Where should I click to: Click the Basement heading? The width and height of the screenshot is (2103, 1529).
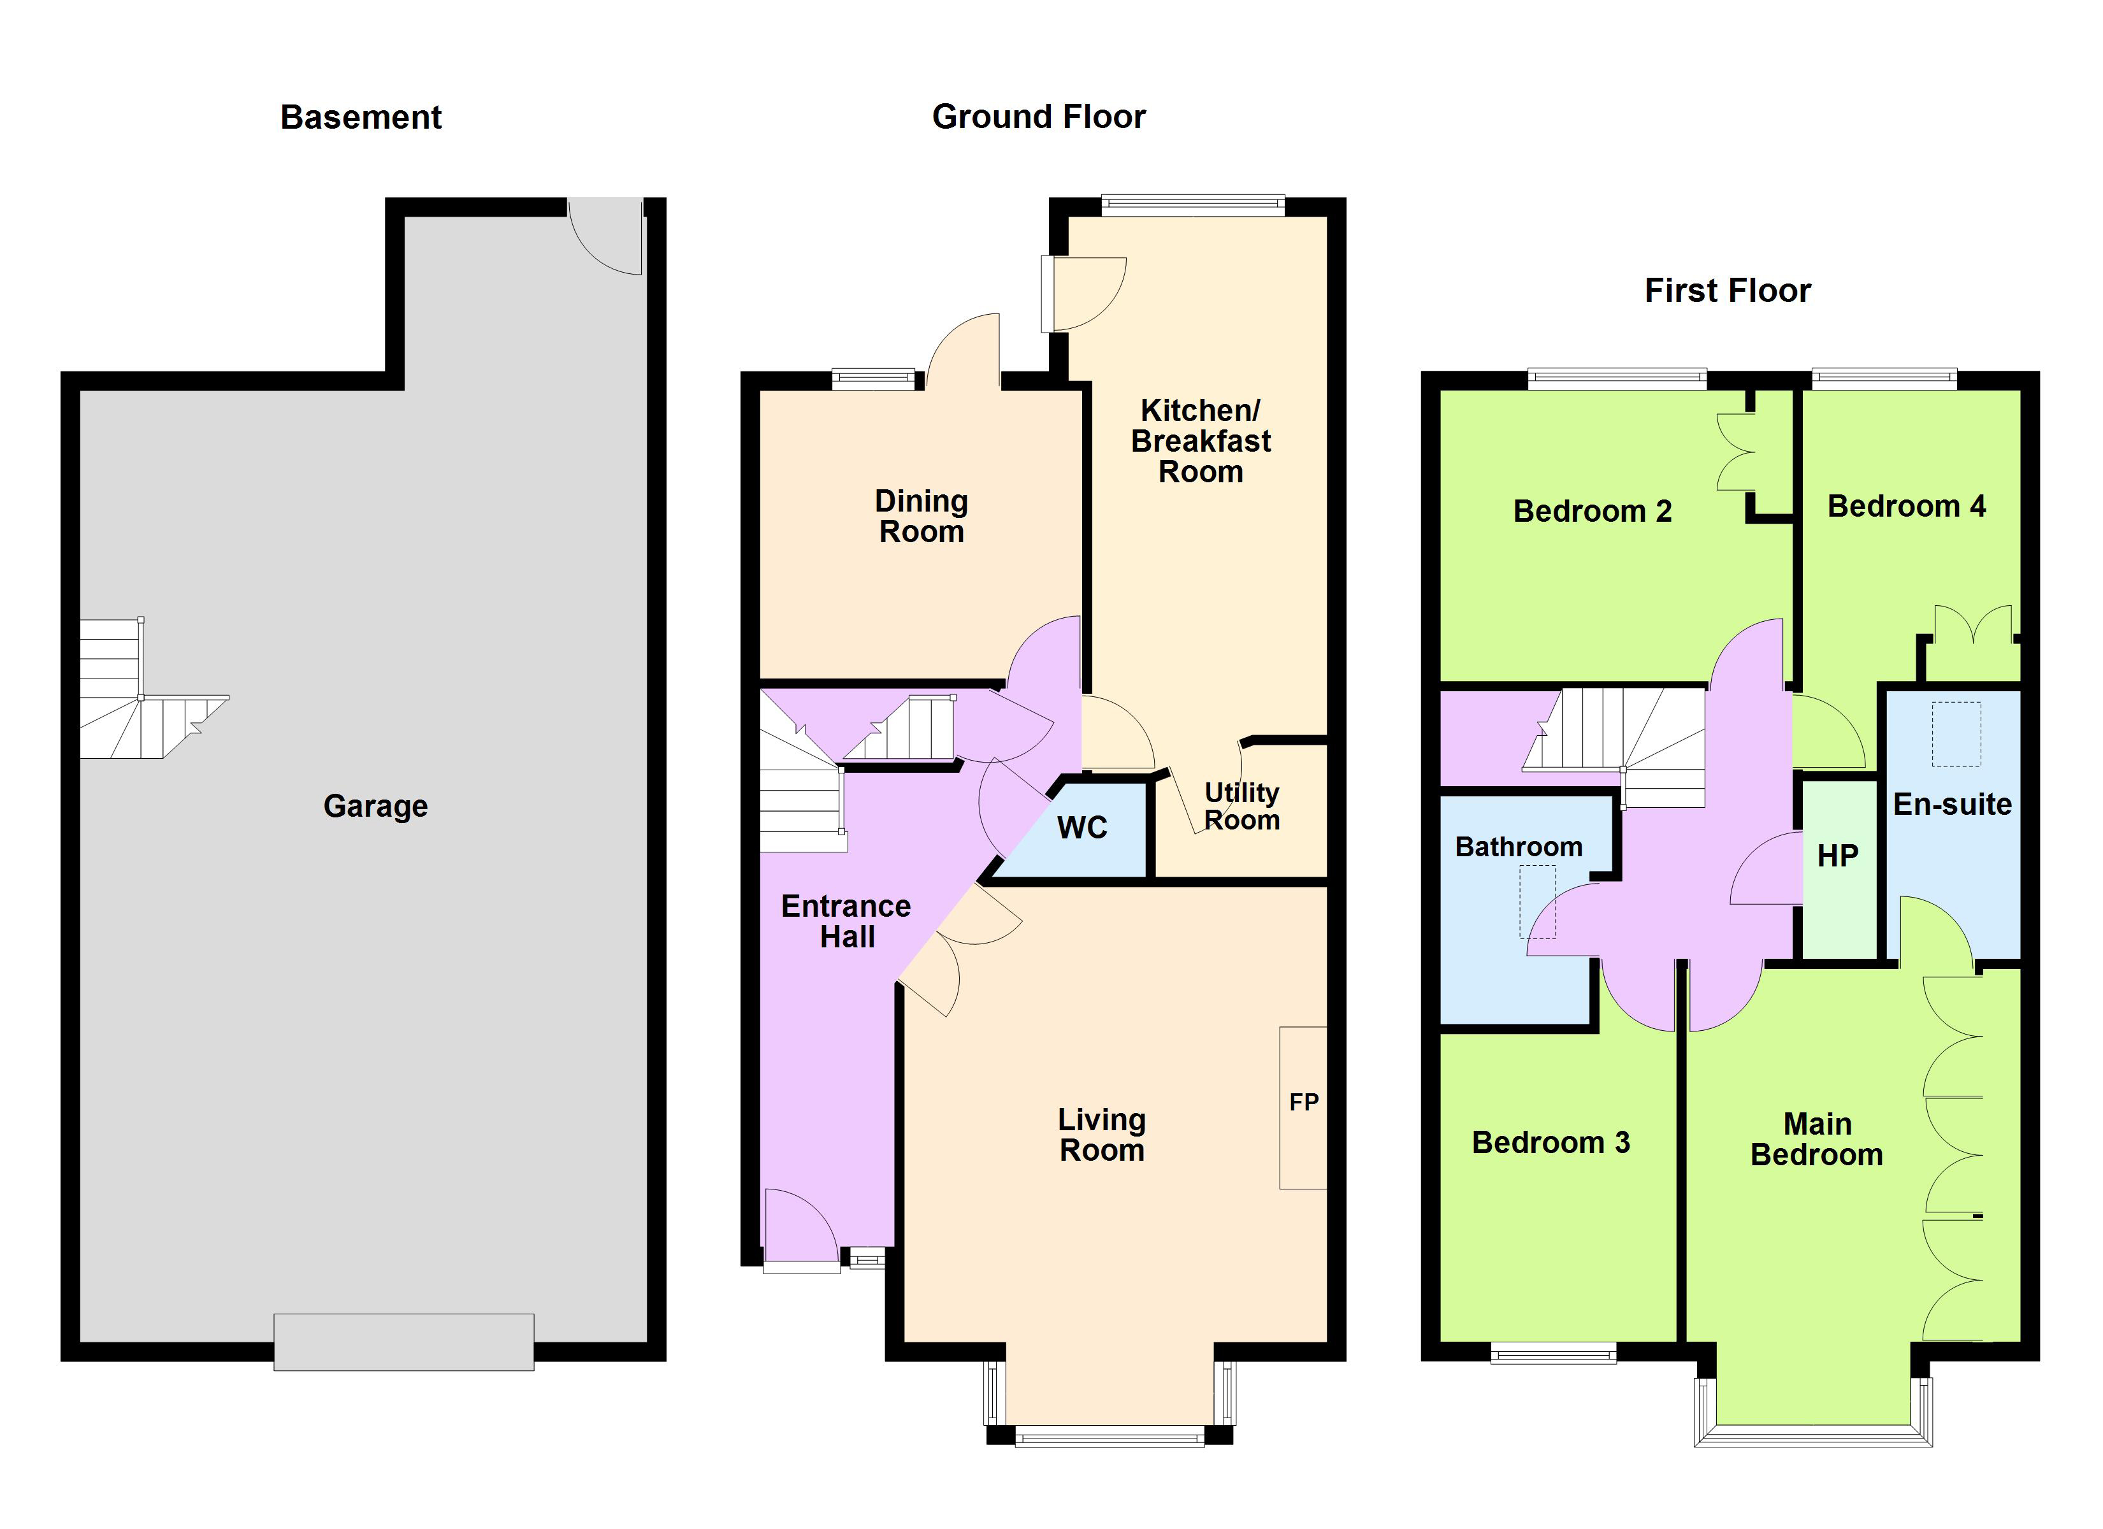[361, 118]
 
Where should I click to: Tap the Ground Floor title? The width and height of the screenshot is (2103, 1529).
[1039, 117]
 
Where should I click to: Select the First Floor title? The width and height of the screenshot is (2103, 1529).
[1726, 291]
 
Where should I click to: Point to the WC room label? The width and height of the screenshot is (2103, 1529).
[1082, 827]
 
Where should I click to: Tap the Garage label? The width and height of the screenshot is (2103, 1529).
[375, 806]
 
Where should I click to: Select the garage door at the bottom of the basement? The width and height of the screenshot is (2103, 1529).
[403, 1341]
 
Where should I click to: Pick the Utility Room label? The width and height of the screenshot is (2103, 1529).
[1241, 806]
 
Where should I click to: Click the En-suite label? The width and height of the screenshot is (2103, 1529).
[1952, 804]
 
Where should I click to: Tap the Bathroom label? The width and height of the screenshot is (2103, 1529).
[1518, 847]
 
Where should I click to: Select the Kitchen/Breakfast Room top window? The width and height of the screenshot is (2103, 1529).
[1192, 205]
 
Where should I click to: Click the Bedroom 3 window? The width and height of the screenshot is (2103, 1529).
[1553, 1354]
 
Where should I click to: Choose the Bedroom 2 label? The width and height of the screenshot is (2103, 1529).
[1592, 511]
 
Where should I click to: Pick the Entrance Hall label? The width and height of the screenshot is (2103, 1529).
[846, 921]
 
